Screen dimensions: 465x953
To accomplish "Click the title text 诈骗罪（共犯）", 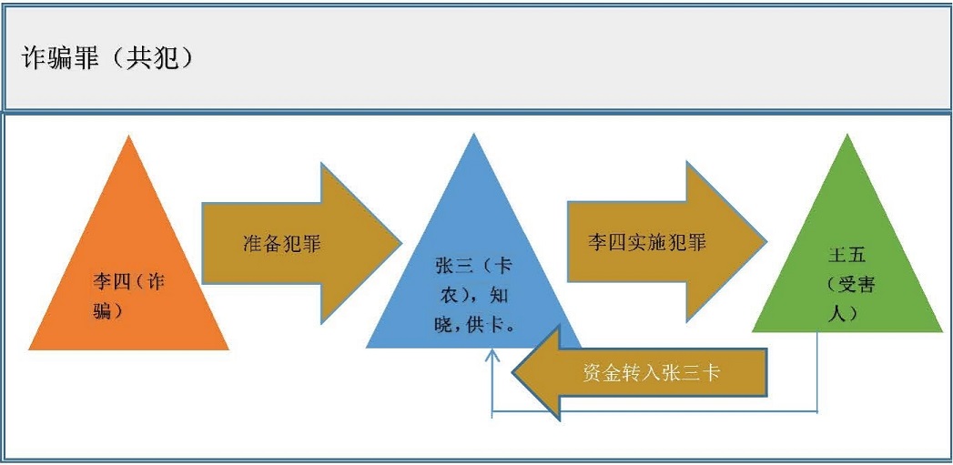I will click(x=107, y=58).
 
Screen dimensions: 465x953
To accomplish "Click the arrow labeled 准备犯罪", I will click(x=291, y=244).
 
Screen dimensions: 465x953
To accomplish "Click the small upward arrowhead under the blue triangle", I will click(x=492, y=358).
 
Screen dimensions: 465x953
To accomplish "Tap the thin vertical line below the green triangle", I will click(x=817, y=373).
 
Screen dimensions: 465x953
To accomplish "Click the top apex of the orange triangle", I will click(x=130, y=139).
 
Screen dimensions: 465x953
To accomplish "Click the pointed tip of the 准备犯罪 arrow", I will click(x=400, y=243).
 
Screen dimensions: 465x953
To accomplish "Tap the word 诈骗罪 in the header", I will click(x=60, y=58).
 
